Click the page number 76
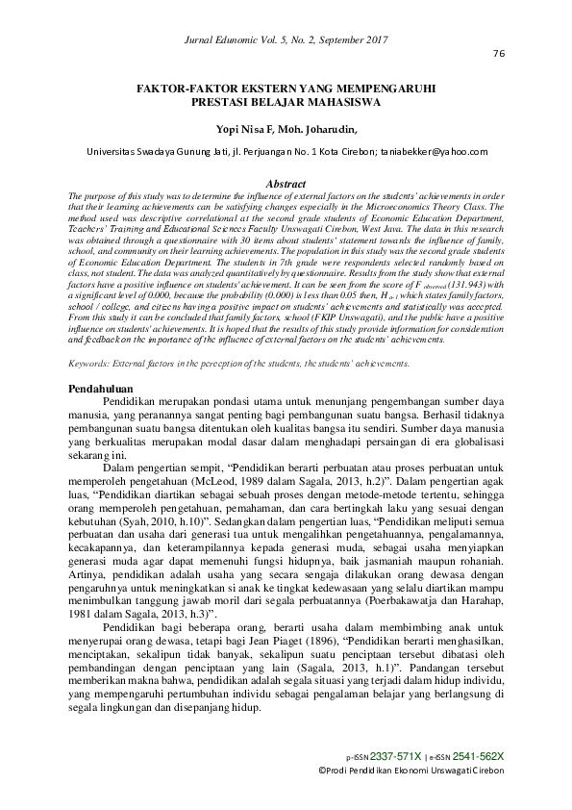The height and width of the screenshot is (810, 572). [x=498, y=53]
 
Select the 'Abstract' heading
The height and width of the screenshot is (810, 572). [x=286, y=183]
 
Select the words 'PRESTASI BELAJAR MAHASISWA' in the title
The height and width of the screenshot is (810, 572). [x=286, y=99]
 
